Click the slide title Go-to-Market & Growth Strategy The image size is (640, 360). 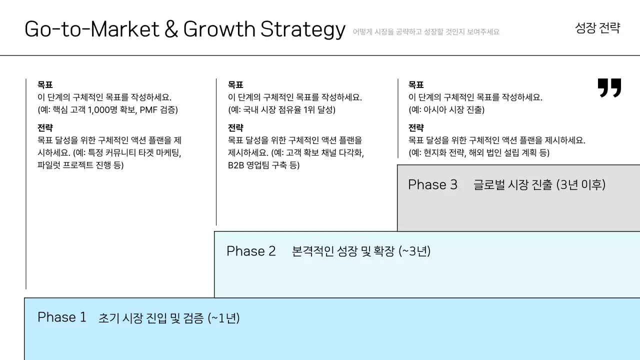coord(184,29)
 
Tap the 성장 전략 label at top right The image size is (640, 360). coord(597,28)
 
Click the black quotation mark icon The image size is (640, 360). coord(609,87)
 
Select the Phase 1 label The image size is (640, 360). coord(62,317)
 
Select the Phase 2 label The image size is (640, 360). coord(251,251)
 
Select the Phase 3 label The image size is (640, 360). coord(432,184)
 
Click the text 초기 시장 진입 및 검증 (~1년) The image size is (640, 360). coord(169,318)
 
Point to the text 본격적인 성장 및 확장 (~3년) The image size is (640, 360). coord(361,251)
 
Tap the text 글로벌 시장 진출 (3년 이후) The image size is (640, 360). coord(539,185)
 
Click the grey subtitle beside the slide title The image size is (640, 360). coord(426,32)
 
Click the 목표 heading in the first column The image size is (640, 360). coord(45,85)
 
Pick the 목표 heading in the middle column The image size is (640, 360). coord(235,85)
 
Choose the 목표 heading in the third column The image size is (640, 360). coord(416,85)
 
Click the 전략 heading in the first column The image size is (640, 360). coord(45,128)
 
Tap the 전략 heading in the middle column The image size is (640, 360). coord(235,128)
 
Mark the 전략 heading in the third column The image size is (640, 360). coord(416,128)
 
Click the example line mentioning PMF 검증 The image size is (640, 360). coord(107,110)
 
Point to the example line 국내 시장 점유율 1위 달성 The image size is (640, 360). coord(281,110)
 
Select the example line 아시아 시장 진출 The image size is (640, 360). coord(446,110)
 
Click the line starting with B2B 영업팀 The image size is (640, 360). coord(263,165)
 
